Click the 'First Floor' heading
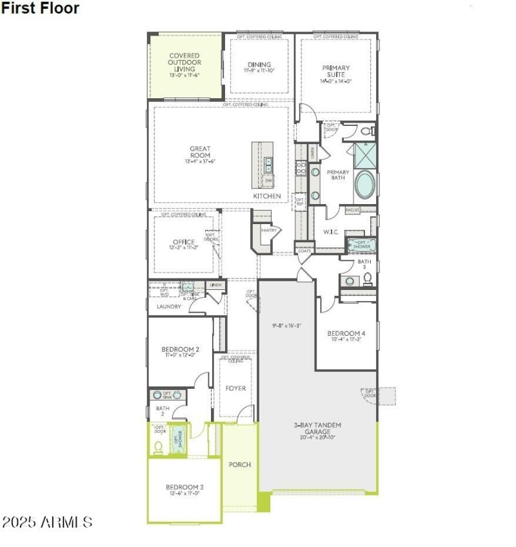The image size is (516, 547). (40, 8)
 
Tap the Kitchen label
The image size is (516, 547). (266, 196)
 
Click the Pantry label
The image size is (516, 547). (268, 230)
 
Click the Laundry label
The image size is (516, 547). (168, 307)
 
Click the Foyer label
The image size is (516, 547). (235, 389)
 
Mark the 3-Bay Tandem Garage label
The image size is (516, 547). (317, 428)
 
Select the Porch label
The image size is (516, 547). (240, 465)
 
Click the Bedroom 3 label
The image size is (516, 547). (184, 489)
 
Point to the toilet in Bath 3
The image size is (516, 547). (367, 278)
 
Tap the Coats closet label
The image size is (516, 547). (304, 251)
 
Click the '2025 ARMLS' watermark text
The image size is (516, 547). (47, 522)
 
